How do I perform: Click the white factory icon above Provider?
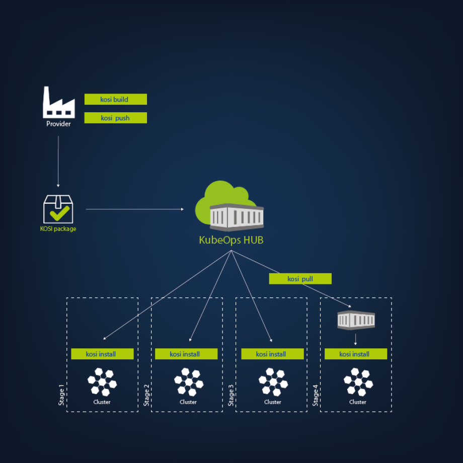pyautogui.click(x=58, y=102)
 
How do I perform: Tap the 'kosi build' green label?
pyautogui.click(x=115, y=99)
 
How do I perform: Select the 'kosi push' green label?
pyautogui.click(x=115, y=118)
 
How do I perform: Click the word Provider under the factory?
pyautogui.click(x=58, y=124)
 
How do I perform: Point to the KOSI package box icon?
pyautogui.click(x=58, y=209)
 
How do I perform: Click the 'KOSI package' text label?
pyautogui.click(x=58, y=229)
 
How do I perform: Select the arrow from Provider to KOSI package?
pyautogui.click(x=58, y=161)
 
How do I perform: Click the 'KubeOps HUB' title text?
pyautogui.click(x=231, y=240)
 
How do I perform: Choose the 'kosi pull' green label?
pyautogui.click(x=300, y=278)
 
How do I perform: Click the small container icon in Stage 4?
pyautogui.click(x=356, y=320)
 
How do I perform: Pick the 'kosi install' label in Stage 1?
pyautogui.click(x=102, y=354)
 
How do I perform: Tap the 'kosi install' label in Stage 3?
pyautogui.click(x=272, y=354)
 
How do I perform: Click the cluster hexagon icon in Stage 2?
pyautogui.click(x=189, y=382)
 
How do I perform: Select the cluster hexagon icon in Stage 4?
pyautogui.click(x=358, y=382)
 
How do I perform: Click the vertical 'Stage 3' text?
pyautogui.click(x=231, y=395)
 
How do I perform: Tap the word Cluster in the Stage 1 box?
pyautogui.click(x=102, y=402)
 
